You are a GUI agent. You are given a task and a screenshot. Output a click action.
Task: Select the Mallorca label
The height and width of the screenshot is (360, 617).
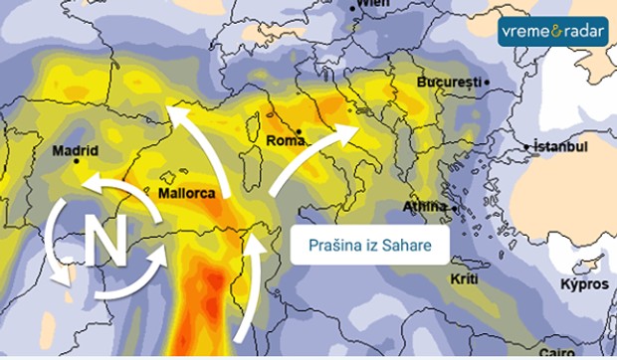coord(186,193)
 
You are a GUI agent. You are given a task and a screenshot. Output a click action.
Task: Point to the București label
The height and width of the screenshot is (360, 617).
coord(449,81)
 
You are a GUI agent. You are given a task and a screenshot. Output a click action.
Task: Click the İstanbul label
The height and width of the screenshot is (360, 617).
coord(561,146)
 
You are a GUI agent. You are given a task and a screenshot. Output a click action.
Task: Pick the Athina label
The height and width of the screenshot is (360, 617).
coord(424,206)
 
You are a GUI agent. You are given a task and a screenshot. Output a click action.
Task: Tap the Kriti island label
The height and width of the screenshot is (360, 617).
coord(464,279)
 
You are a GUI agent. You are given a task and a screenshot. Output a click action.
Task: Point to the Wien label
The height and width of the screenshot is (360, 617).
coord(374,4)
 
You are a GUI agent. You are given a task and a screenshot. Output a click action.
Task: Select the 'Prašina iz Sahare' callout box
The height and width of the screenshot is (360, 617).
coord(368,245)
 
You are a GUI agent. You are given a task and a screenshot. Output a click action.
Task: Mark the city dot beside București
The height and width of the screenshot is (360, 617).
coord(487,81)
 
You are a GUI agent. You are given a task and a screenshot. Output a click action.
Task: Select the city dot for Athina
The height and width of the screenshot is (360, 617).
coord(453,208)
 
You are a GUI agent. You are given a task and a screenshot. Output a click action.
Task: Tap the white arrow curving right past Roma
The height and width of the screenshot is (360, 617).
coord(308,154)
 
